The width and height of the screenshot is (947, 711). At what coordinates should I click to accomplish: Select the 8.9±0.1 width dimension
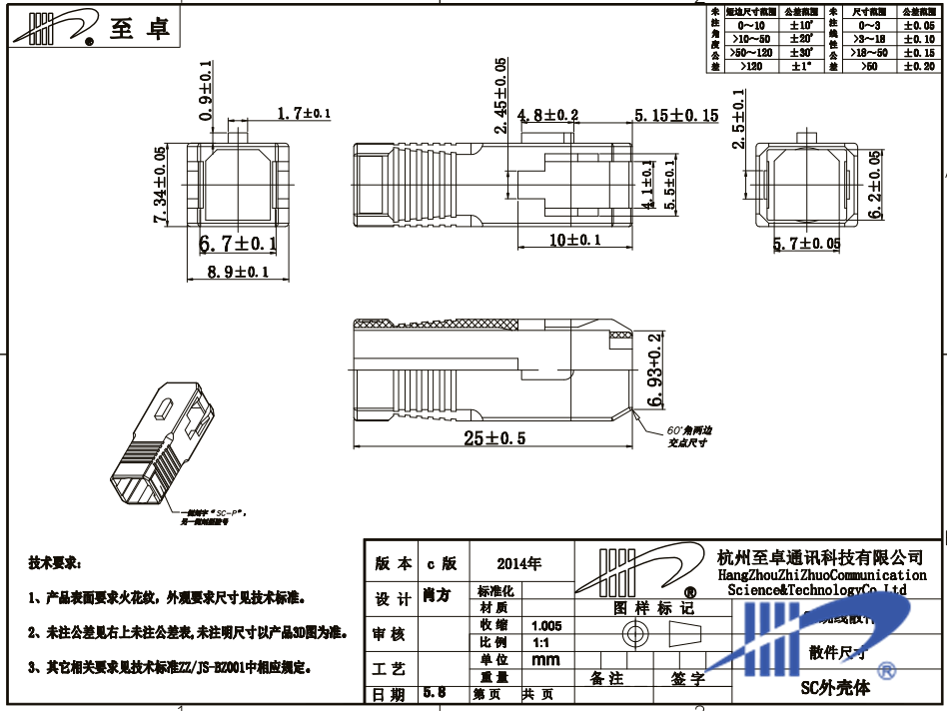tap(236, 272)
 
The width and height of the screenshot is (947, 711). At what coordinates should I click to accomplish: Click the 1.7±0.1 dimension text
tap(304, 115)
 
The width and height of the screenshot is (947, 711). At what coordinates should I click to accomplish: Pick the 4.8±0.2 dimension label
tap(547, 116)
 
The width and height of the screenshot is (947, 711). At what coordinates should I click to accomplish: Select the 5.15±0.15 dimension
tap(676, 116)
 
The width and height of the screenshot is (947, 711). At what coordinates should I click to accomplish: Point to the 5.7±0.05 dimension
tap(806, 244)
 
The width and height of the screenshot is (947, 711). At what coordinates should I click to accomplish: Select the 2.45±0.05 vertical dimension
tap(500, 95)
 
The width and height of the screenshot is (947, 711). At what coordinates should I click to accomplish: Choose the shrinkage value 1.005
tap(546, 624)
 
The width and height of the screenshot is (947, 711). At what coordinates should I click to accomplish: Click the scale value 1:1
tap(542, 642)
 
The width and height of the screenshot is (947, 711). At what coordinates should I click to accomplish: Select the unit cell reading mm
tap(546, 660)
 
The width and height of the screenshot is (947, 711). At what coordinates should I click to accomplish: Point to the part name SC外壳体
tap(836, 688)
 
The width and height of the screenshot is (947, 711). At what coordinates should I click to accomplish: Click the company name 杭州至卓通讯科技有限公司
tap(820, 556)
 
